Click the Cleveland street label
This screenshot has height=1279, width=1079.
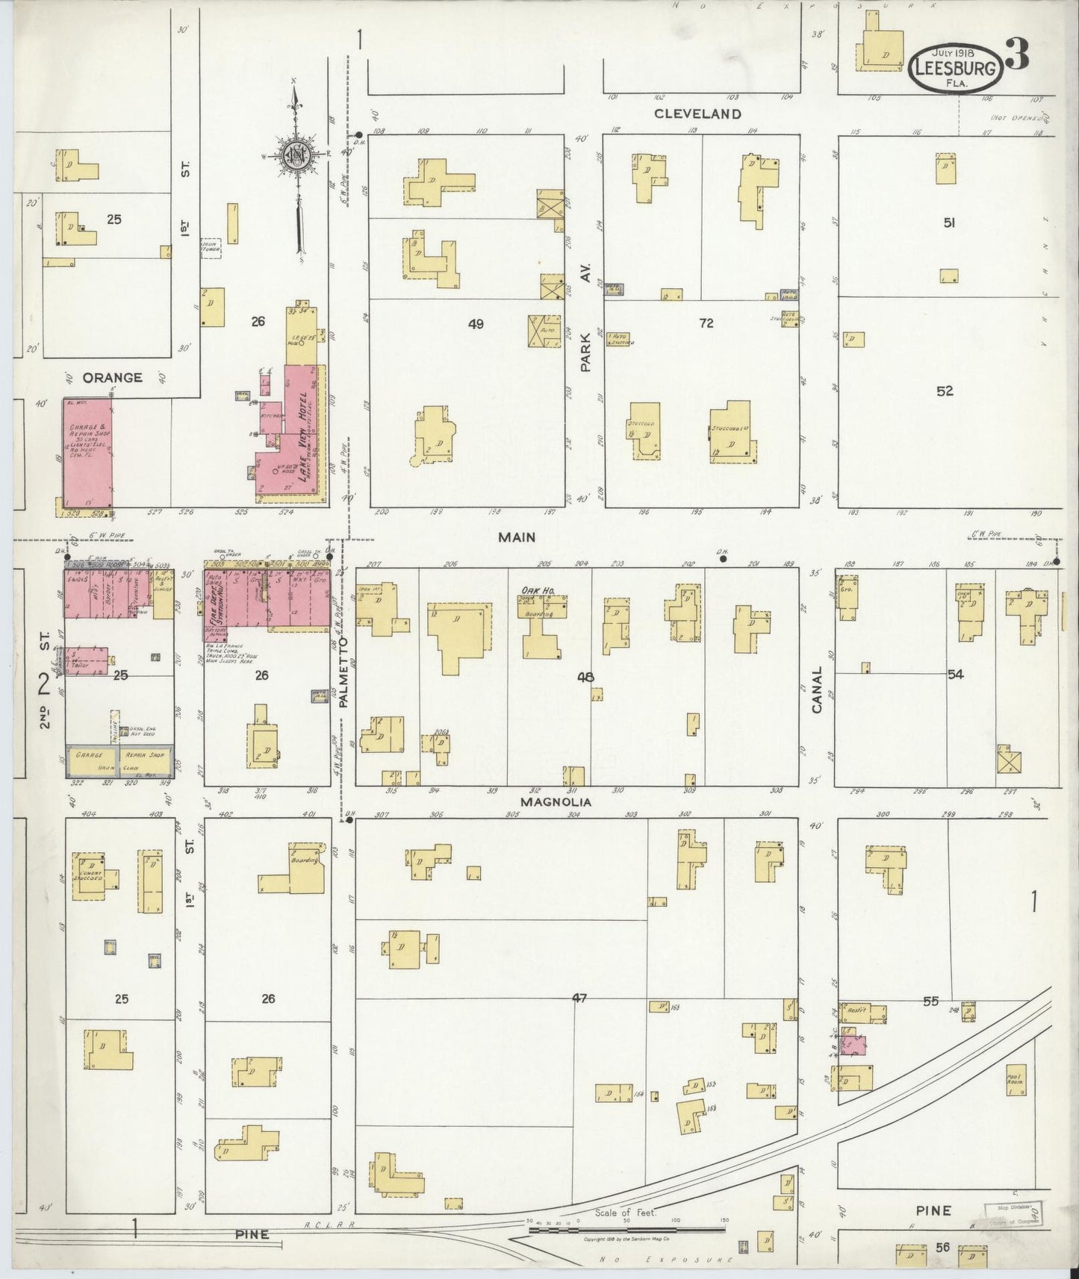[x=697, y=113]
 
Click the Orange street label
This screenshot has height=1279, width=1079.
[x=112, y=378]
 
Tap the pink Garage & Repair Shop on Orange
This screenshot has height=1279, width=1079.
[x=87, y=455]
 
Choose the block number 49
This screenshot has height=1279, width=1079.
[x=476, y=324]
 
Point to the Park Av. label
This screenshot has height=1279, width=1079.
[x=586, y=319]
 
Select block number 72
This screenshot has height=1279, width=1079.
[x=706, y=323]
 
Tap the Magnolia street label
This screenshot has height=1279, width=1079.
[x=556, y=802]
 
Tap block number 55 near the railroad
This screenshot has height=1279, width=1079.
[x=929, y=1001]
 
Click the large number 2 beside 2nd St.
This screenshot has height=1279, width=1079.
[x=43, y=681]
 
